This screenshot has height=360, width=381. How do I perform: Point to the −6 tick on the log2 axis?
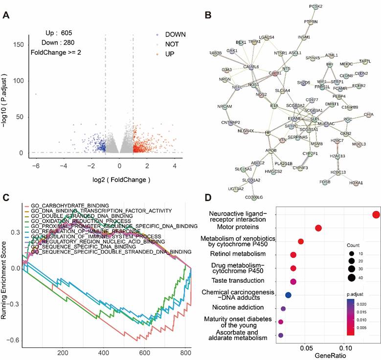pos(36,166)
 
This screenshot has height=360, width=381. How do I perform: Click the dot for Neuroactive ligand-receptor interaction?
pos(376,215)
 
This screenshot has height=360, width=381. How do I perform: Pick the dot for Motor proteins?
pos(318,228)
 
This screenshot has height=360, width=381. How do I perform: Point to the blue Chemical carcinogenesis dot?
pos(288,295)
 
